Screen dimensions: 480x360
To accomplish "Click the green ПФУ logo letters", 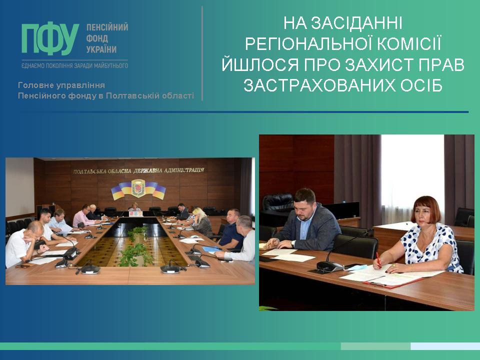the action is point(50,39).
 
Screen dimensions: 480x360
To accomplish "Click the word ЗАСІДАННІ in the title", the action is point(356,23).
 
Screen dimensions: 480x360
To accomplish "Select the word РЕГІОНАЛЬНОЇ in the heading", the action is point(308,44).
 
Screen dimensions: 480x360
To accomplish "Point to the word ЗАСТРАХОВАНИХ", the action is point(319,85).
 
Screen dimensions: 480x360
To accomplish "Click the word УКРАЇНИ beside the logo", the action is point(101,49).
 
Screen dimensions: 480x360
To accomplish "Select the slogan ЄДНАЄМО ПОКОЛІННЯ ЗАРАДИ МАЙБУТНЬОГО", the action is point(74,65).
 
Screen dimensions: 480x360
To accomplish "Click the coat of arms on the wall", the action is point(138,188).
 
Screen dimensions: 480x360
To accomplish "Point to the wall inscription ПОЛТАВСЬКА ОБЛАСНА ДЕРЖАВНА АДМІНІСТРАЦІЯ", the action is point(138,170).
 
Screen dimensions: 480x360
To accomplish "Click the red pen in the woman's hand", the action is point(378,260).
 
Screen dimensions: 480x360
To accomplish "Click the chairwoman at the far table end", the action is point(134,207).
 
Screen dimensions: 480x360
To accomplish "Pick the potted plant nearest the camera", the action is point(135,254).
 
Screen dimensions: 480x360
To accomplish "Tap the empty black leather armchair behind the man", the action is point(278,203).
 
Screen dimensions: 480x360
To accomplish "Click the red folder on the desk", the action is point(389,283).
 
